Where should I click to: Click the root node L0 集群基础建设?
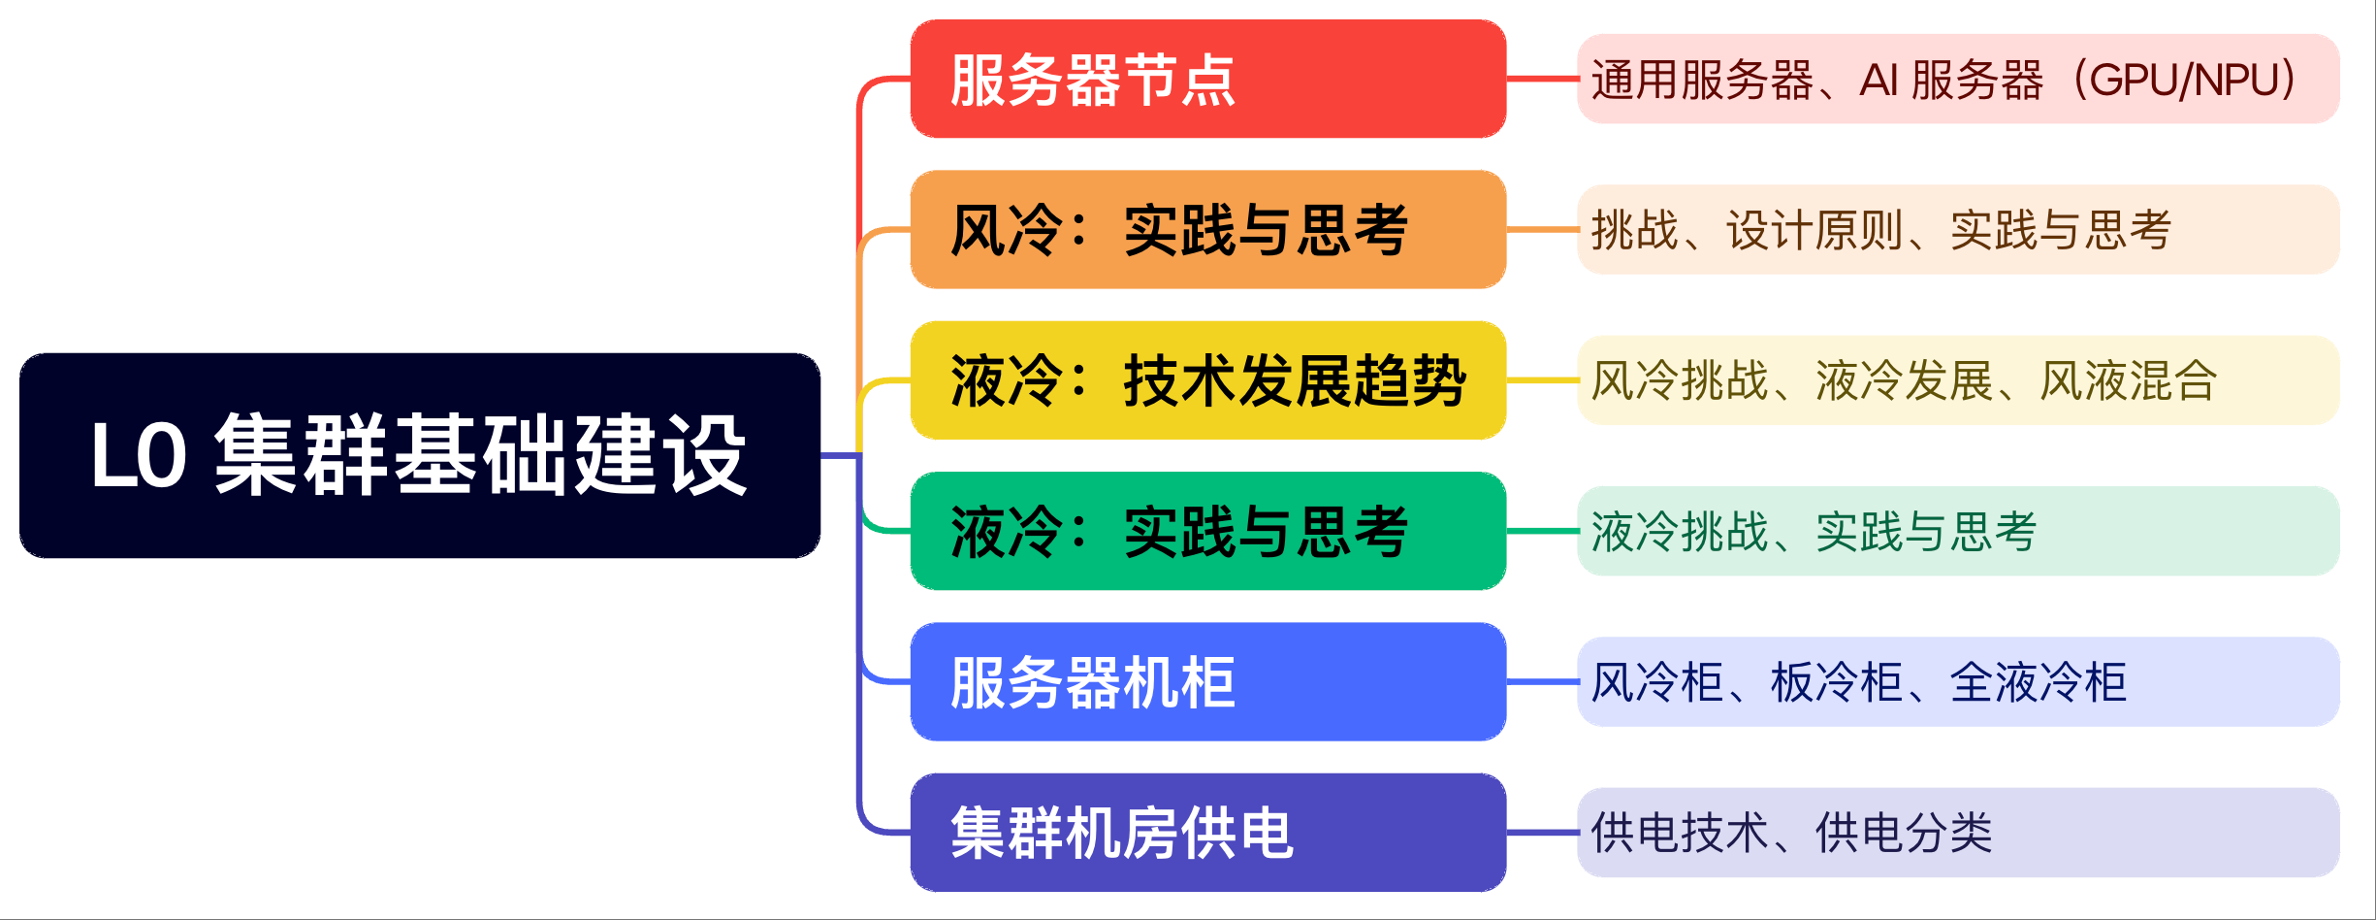(420, 455)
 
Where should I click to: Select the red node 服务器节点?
(1208, 79)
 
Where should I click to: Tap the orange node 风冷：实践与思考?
(1208, 229)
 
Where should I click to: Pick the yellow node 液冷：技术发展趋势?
(1208, 380)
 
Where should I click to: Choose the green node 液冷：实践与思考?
(1208, 531)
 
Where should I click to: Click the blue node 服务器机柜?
(1208, 681)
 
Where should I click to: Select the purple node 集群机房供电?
(1208, 833)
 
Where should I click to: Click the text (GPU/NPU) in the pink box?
(2182, 80)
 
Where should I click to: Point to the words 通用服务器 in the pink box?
(1702, 80)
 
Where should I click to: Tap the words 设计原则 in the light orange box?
(1814, 230)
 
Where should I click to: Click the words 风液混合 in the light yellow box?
(2129, 380)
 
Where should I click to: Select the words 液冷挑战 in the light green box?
(1680, 532)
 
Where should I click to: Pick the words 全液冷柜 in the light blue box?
(2039, 682)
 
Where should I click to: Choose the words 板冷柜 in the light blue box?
(1837, 682)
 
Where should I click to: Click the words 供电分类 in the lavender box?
(1904, 833)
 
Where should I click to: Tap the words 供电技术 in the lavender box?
(1680, 833)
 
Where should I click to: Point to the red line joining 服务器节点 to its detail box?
(1542, 79)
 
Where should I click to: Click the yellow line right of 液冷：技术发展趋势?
(1542, 380)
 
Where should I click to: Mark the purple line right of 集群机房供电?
(1542, 833)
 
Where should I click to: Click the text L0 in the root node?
(139, 456)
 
